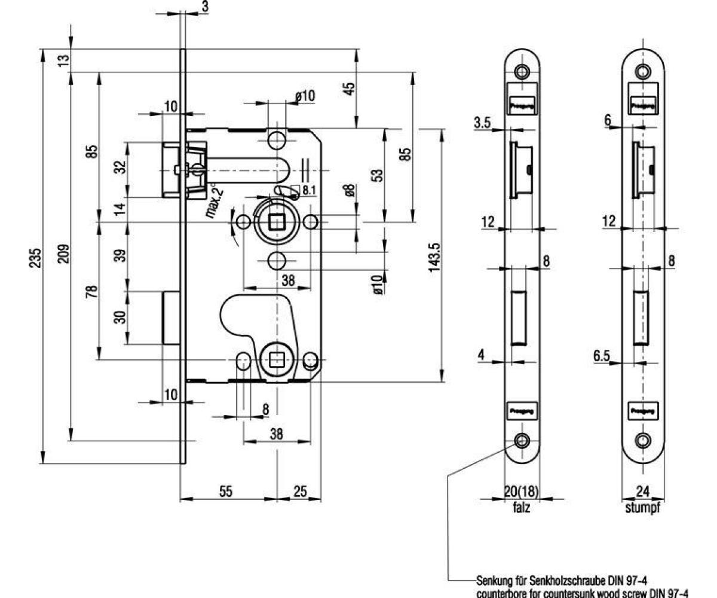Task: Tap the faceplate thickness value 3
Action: pos(204,8)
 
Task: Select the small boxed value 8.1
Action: pos(309,190)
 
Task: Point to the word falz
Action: pos(522,509)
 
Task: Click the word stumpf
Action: pos(642,509)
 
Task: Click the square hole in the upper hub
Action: pos(277,222)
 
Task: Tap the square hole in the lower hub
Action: pos(277,360)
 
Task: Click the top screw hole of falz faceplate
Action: pos(522,72)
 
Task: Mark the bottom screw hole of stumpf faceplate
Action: pos(643,441)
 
